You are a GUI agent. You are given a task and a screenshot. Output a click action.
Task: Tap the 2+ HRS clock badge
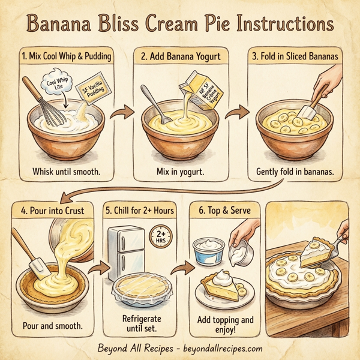point(161,237)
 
